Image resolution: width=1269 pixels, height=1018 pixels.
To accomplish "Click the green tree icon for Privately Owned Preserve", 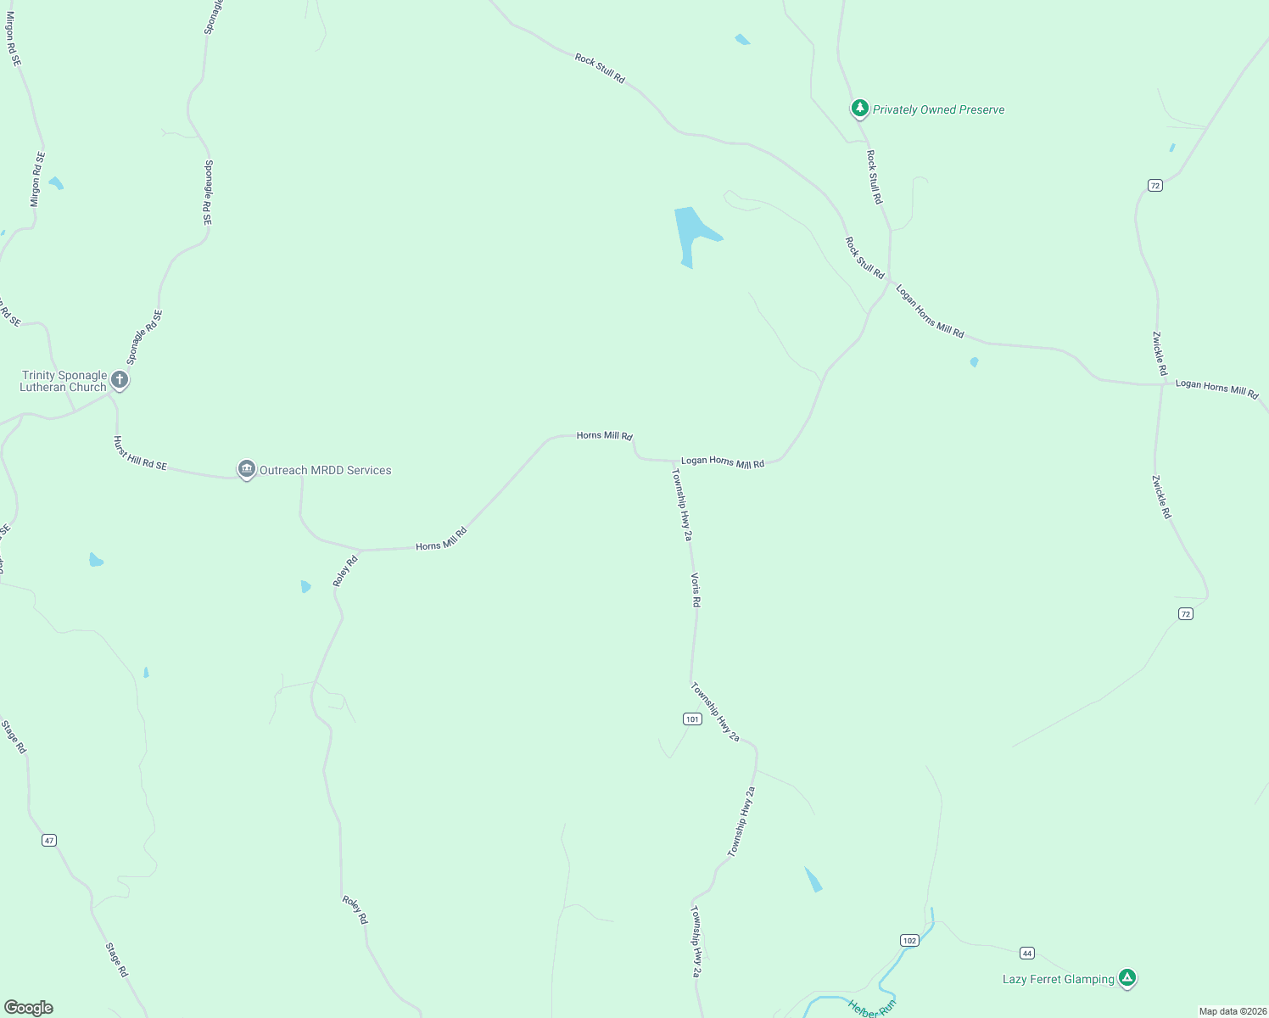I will tap(860, 109).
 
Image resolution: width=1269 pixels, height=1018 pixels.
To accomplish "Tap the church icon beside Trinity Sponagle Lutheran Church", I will tap(120, 380).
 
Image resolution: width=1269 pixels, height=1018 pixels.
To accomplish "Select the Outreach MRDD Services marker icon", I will tap(247, 469).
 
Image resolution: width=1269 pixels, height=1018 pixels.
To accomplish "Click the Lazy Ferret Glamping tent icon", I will tap(1127, 978).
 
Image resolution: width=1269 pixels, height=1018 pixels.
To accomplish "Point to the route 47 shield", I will tap(49, 841).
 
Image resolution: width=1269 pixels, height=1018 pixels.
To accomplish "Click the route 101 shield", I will tap(692, 719).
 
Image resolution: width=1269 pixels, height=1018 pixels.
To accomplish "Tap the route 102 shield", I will tap(909, 940).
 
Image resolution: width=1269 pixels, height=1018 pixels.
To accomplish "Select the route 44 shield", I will tap(1027, 954).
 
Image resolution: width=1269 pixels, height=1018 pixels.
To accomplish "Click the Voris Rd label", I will tap(696, 590).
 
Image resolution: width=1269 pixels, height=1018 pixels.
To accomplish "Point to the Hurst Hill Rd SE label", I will tap(140, 453).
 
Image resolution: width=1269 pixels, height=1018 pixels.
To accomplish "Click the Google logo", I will tap(29, 1008).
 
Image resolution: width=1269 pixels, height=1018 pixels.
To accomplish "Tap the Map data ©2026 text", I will tap(1233, 1011).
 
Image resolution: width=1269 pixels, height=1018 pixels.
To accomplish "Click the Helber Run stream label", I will tap(872, 1008).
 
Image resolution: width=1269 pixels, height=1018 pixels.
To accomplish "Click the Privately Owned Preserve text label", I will tap(938, 109).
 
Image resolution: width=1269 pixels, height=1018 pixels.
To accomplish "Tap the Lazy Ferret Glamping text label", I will tap(1058, 979).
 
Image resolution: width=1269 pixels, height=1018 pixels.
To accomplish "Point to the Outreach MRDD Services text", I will tap(325, 470).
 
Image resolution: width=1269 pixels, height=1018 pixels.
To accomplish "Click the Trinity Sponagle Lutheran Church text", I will tap(64, 381).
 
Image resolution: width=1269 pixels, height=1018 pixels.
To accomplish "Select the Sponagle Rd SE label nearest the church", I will tap(144, 337).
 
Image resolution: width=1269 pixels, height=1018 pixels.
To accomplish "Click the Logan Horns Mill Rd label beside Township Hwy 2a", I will tap(723, 462).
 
